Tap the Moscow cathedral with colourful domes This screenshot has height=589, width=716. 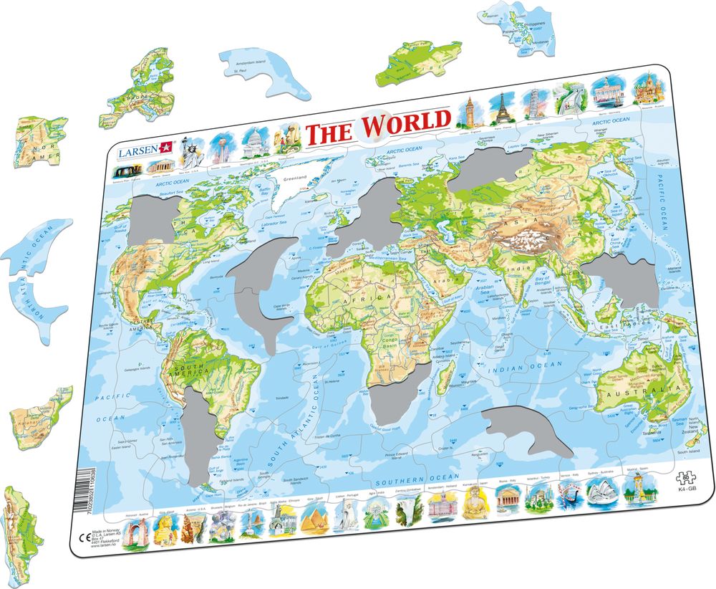pyautogui.click(x=647, y=88)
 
